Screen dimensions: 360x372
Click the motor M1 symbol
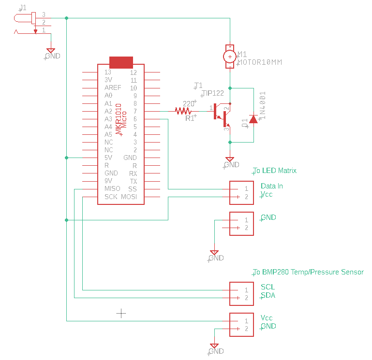pyautogui.click(x=230, y=57)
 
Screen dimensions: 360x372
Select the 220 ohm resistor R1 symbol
pyautogui.click(x=183, y=111)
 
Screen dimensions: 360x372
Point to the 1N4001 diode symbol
pyautogui.click(x=253, y=119)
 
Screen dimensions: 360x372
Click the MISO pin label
pyautogui.click(x=112, y=188)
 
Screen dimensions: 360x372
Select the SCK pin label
pyautogui.click(x=111, y=197)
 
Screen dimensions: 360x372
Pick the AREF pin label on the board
pyautogui.click(x=113, y=88)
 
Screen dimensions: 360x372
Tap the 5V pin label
pyautogui.click(x=109, y=158)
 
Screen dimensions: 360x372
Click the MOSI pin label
pyautogui.click(x=129, y=197)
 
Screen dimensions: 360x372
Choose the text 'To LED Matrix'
pyautogui.click(x=275, y=171)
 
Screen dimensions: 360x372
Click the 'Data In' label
pyautogui.click(x=272, y=186)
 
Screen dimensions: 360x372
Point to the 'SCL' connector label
pyautogui.click(x=268, y=287)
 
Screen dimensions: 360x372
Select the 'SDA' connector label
pyautogui.click(x=268, y=295)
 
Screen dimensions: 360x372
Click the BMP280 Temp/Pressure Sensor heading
pyautogui.click(x=308, y=272)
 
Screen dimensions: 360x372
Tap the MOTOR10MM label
pyautogui.click(x=259, y=62)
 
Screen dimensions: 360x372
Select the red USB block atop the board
pyautogui.click(x=121, y=62)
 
